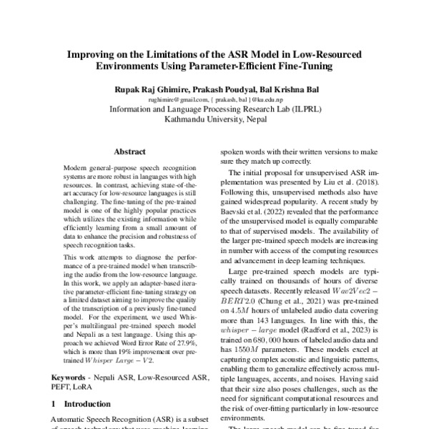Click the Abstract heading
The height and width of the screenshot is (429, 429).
[x=129, y=152]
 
